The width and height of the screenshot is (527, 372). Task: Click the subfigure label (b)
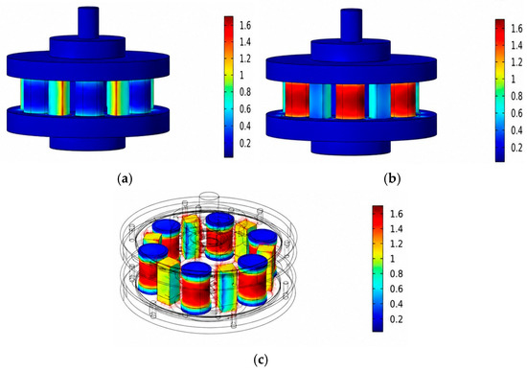(392, 179)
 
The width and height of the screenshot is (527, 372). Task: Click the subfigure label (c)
(261, 360)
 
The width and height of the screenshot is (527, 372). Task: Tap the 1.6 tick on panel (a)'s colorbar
(245, 25)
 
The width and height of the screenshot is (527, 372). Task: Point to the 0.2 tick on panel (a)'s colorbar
(245, 143)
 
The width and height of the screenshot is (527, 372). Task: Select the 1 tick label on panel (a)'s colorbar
(241, 75)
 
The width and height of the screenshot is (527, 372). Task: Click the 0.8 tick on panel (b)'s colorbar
(516, 96)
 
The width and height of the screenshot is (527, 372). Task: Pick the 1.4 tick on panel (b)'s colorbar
(516, 45)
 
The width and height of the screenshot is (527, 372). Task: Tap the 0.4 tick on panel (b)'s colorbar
(516, 130)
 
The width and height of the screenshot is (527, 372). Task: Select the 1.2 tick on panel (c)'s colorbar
(396, 244)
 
